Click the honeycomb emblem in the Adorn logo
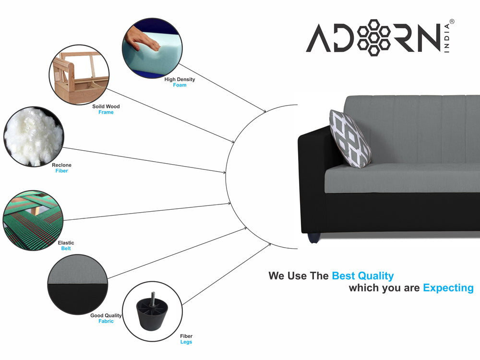click(374, 37)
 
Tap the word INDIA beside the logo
click(447, 38)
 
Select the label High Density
click(180, 79)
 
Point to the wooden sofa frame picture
click(79, 75)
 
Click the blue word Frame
click(106, 112)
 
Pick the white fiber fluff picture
click(34, 136)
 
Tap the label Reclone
click(61, 165)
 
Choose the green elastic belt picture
click(33, 220)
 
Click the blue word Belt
click(66, 249)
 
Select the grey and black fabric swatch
click(78, 284)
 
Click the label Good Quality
click(106, 315)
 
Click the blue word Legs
click(186, 342)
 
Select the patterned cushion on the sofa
click(350, 139)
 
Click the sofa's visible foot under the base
click(313, 238)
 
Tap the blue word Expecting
click(448, 288)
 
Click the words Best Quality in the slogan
click(363, 276)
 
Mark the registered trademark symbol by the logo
click(452, 22)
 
